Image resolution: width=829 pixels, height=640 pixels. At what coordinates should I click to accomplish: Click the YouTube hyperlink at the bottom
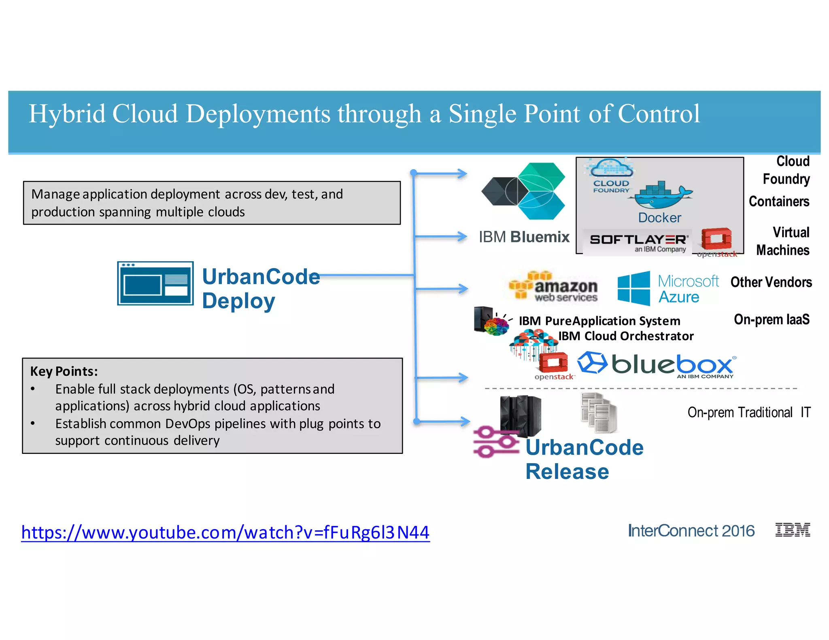[225, 532]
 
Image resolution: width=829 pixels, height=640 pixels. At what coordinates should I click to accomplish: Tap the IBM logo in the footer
[792, 530]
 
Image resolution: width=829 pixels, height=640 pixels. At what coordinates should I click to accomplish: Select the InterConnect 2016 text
[691, 531]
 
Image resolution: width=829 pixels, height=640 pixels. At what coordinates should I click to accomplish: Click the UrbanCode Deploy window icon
[155, 284]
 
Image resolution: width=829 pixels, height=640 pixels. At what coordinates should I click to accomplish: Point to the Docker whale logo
[662, 195]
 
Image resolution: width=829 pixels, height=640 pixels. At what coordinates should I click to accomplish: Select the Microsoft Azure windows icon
[633, 288]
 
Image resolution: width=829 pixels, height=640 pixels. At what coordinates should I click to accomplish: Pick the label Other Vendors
[771, 282]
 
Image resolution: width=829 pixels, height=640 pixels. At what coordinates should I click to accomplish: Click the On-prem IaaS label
[772, 319]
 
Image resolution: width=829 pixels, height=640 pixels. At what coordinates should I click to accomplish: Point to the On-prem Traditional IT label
[749, 412]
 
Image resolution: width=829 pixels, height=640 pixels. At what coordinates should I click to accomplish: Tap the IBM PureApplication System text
[599, 321]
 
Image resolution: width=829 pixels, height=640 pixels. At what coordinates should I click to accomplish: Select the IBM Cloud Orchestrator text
[626, 336]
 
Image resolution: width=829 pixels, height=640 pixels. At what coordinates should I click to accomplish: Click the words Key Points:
[64, 371]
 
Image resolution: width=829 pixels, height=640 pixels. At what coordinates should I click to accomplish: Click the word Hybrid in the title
[67, 114]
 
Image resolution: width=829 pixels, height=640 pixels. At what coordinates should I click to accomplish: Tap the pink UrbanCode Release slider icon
[496, 442]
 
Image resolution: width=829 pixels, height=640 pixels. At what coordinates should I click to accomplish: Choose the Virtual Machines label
[783, 241]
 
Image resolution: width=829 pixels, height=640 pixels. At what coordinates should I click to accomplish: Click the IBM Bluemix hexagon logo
[524, 191]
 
